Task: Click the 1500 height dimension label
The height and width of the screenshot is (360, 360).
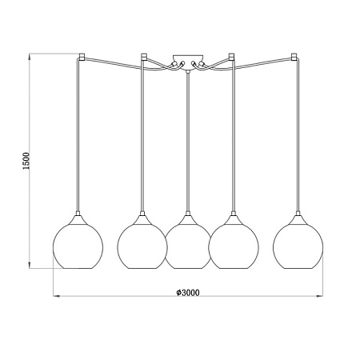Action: (26, 161)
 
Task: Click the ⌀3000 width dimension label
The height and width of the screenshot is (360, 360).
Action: (188, 293)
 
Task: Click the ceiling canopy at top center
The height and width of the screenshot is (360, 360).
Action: (188, 62)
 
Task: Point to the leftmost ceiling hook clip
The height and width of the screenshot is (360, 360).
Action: (82, 56)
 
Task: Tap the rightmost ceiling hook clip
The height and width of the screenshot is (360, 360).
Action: (294, 56)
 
